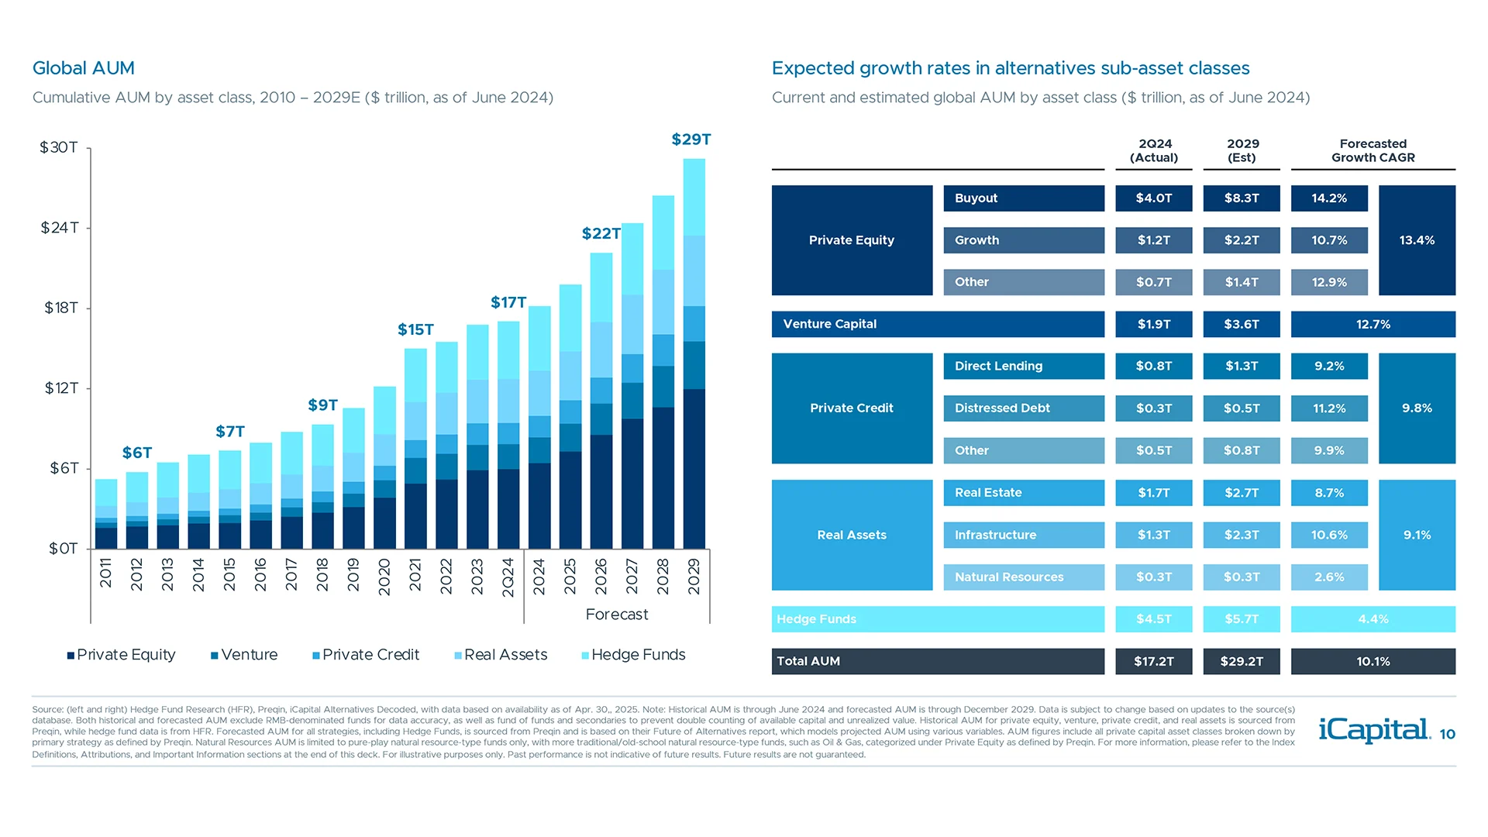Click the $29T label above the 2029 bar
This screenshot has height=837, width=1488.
point(691,139)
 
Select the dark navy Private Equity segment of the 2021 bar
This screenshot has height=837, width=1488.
point(415,515)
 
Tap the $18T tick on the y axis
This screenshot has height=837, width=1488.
point(61,308)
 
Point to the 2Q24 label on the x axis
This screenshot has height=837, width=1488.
point(508,577)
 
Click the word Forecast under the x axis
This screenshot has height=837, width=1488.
point(617,615)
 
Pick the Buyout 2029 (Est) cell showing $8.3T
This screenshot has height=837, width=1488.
point(1242,198)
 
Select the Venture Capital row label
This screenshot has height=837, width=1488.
point(829,324)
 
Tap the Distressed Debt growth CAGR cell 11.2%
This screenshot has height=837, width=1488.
point(1329,408)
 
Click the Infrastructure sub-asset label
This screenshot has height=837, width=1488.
point(995,535)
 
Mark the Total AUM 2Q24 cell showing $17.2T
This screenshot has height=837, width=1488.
point(1153,661)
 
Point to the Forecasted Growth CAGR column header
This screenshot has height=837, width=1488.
point(1373,150)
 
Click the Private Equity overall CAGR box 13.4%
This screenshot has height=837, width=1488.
point(1417,240)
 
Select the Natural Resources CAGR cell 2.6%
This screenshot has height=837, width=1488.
point(1329,577)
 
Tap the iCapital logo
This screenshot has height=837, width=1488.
point(1374,730)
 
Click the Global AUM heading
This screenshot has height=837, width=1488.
point(84,68)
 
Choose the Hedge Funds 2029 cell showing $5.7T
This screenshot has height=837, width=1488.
point(1242,619)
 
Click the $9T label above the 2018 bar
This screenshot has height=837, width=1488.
point(322,405)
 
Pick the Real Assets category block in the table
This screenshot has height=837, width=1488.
point(852,535)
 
